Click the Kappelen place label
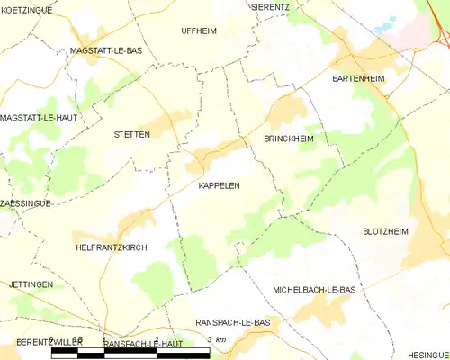219,185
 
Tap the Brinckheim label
288,139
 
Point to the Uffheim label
199,31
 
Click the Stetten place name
131,134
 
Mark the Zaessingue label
26,203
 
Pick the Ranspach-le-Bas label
232,322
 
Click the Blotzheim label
385,231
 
